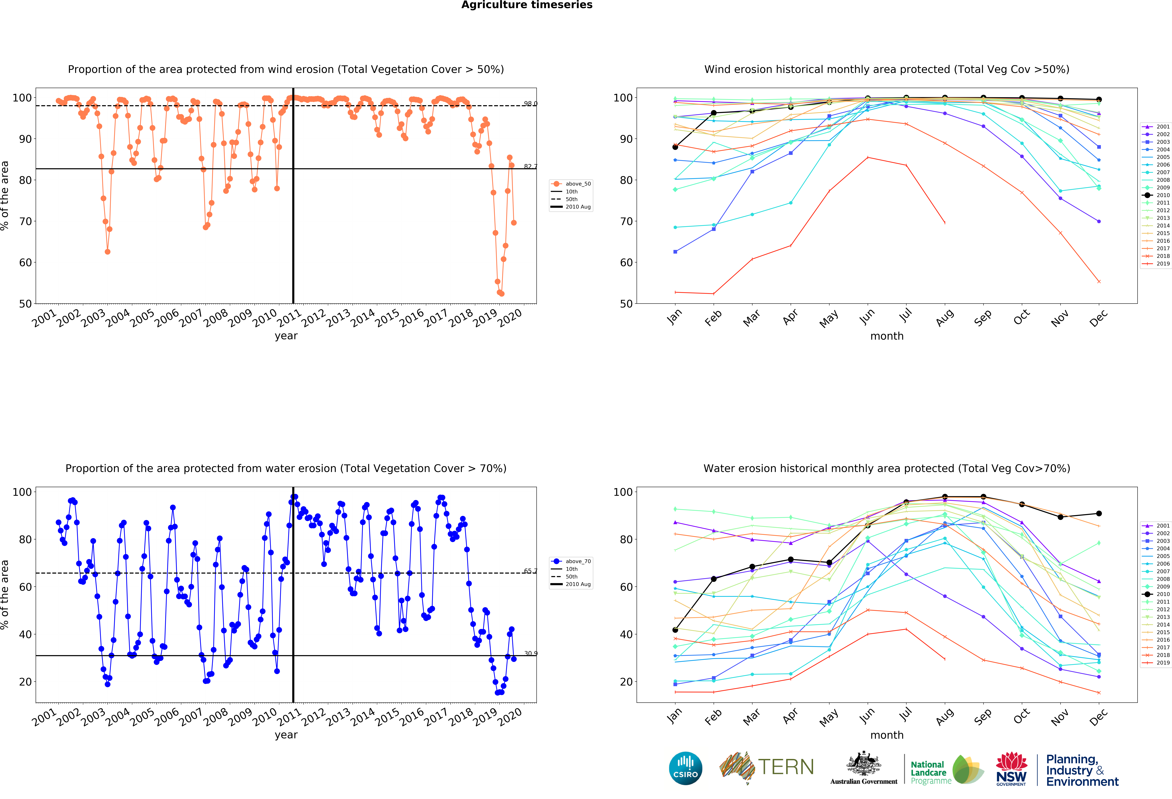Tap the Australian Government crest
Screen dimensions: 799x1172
coord(864,763)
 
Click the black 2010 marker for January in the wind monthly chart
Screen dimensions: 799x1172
coord(675,147)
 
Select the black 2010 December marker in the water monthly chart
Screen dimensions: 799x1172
coord(1099,514)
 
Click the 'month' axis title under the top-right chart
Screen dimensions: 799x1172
coord(887,336)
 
